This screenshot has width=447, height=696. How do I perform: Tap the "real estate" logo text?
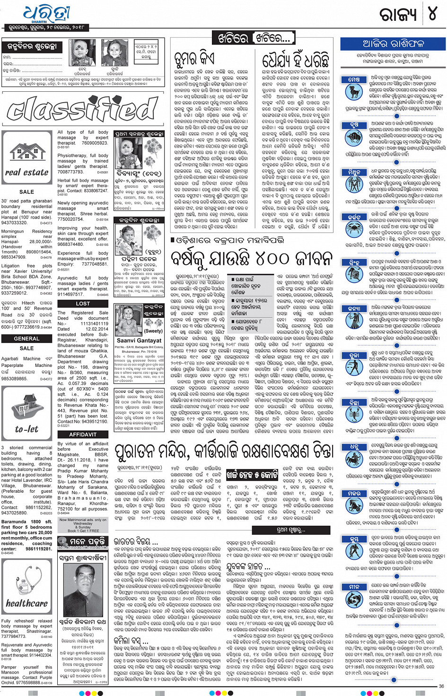point(26,173)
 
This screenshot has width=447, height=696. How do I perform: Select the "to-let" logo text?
point(26,429)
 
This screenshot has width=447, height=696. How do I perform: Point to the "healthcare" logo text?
point(27,604)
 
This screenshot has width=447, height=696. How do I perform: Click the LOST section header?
point(83,304)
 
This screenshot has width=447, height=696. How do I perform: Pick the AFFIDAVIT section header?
point(83,435)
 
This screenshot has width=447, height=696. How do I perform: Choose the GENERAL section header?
point(26,339)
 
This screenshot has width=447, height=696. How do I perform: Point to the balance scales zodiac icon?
point(354,363)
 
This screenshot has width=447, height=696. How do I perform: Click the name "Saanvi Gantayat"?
point(139,340)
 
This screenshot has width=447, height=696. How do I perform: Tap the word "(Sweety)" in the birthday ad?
point(153,331)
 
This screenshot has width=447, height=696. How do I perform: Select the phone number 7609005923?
point(95,143)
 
